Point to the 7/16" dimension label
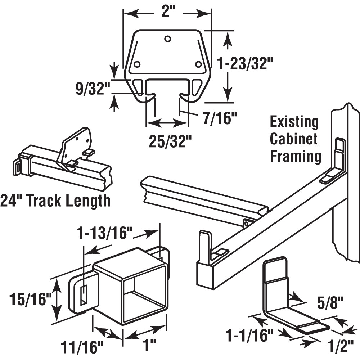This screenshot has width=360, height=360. (218, 118)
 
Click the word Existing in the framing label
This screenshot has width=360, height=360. (294, 122)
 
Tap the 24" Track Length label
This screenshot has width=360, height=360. (55, 201)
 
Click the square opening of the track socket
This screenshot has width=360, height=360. (143, 297)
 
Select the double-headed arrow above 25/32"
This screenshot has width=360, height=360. (167, 123)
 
